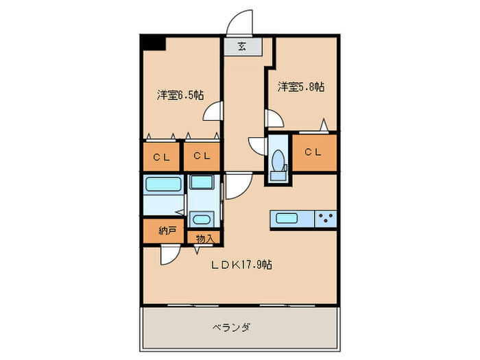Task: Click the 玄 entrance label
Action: click(241, 47)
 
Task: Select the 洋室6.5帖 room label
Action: click(179, 95)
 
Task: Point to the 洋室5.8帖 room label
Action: click(301, 87)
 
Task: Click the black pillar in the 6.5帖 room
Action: click(154, 42)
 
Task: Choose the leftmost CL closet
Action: click(161, 156)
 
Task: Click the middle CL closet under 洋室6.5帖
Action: click(201, 156)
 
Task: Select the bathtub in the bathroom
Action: click(163, 184)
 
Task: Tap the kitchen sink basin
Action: click(286, 219)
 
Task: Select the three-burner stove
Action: click(326, 219)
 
